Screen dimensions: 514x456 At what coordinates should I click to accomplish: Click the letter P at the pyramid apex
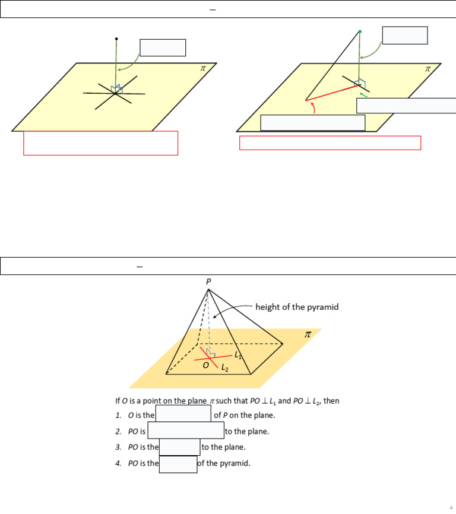[208, 282]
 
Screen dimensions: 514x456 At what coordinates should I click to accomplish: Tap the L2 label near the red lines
[224, 368]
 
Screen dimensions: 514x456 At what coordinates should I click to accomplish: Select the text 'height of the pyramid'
[297, 307]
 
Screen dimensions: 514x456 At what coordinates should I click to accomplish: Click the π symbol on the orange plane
[308, 335]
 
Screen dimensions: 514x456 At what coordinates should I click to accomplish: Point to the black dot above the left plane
[116, 39]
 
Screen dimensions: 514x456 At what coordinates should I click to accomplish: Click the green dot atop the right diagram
[359, 31]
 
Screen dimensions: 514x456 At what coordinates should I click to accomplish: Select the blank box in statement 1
[183, 414]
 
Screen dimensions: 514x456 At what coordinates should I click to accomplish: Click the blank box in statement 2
[186, 431]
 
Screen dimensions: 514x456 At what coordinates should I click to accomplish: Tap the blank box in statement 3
[180, 447]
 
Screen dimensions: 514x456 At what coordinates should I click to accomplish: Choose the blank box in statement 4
[178, 464]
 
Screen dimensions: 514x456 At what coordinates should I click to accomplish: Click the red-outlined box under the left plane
[100, 143]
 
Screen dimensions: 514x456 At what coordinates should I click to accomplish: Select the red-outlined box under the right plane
[330, 143]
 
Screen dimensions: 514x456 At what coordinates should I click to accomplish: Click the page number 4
[451, 507]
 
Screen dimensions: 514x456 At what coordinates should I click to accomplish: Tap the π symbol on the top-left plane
[203, 69]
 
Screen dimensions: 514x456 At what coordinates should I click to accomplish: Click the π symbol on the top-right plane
[427, 69]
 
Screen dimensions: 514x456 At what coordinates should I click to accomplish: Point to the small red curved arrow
[313, 107]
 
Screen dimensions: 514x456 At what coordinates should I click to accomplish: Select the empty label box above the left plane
[163, 47]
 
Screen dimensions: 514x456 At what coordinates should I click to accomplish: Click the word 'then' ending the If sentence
[331, 401]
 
